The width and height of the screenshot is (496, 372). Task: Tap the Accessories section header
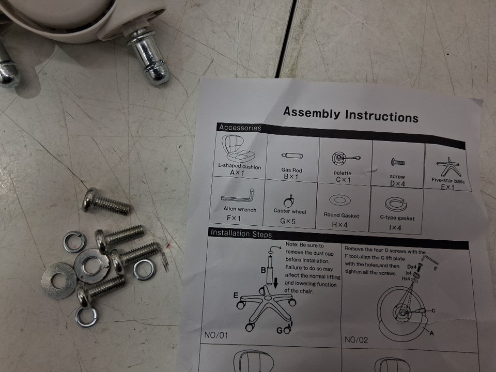pyautogui.click(x=240, y=128)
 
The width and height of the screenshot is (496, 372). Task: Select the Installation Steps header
pyautogui.click(x=241, y=234)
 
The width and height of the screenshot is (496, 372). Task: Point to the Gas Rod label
pyautogui.click(x=291, y=170)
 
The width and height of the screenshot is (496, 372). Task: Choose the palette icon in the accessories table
pyautogui.click(x=346, y=158)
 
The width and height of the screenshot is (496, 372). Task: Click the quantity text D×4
pyautogui.click(x=397, y=183)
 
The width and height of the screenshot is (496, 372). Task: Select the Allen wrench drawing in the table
pyautogui.click(x=238, y=196)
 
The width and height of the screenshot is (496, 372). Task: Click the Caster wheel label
pyautogui.click(x=290, y=211)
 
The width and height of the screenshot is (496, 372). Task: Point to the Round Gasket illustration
pyautogui.click(x=340, y=200)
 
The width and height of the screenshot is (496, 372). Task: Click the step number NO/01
pyautogui.click(x=216, y=335)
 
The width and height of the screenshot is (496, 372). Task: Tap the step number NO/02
pyautogui.click(x=356, y=340)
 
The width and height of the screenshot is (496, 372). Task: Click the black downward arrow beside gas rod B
pyautogui.click(x=275, y=283)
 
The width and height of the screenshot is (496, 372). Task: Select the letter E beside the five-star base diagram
pyautogui.click(x=236, y=296)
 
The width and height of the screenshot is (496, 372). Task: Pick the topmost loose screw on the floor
pyautogui.click(x=106, y=202)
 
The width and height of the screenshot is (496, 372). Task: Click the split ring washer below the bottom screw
pyautogui.click(x=86, y=317)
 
